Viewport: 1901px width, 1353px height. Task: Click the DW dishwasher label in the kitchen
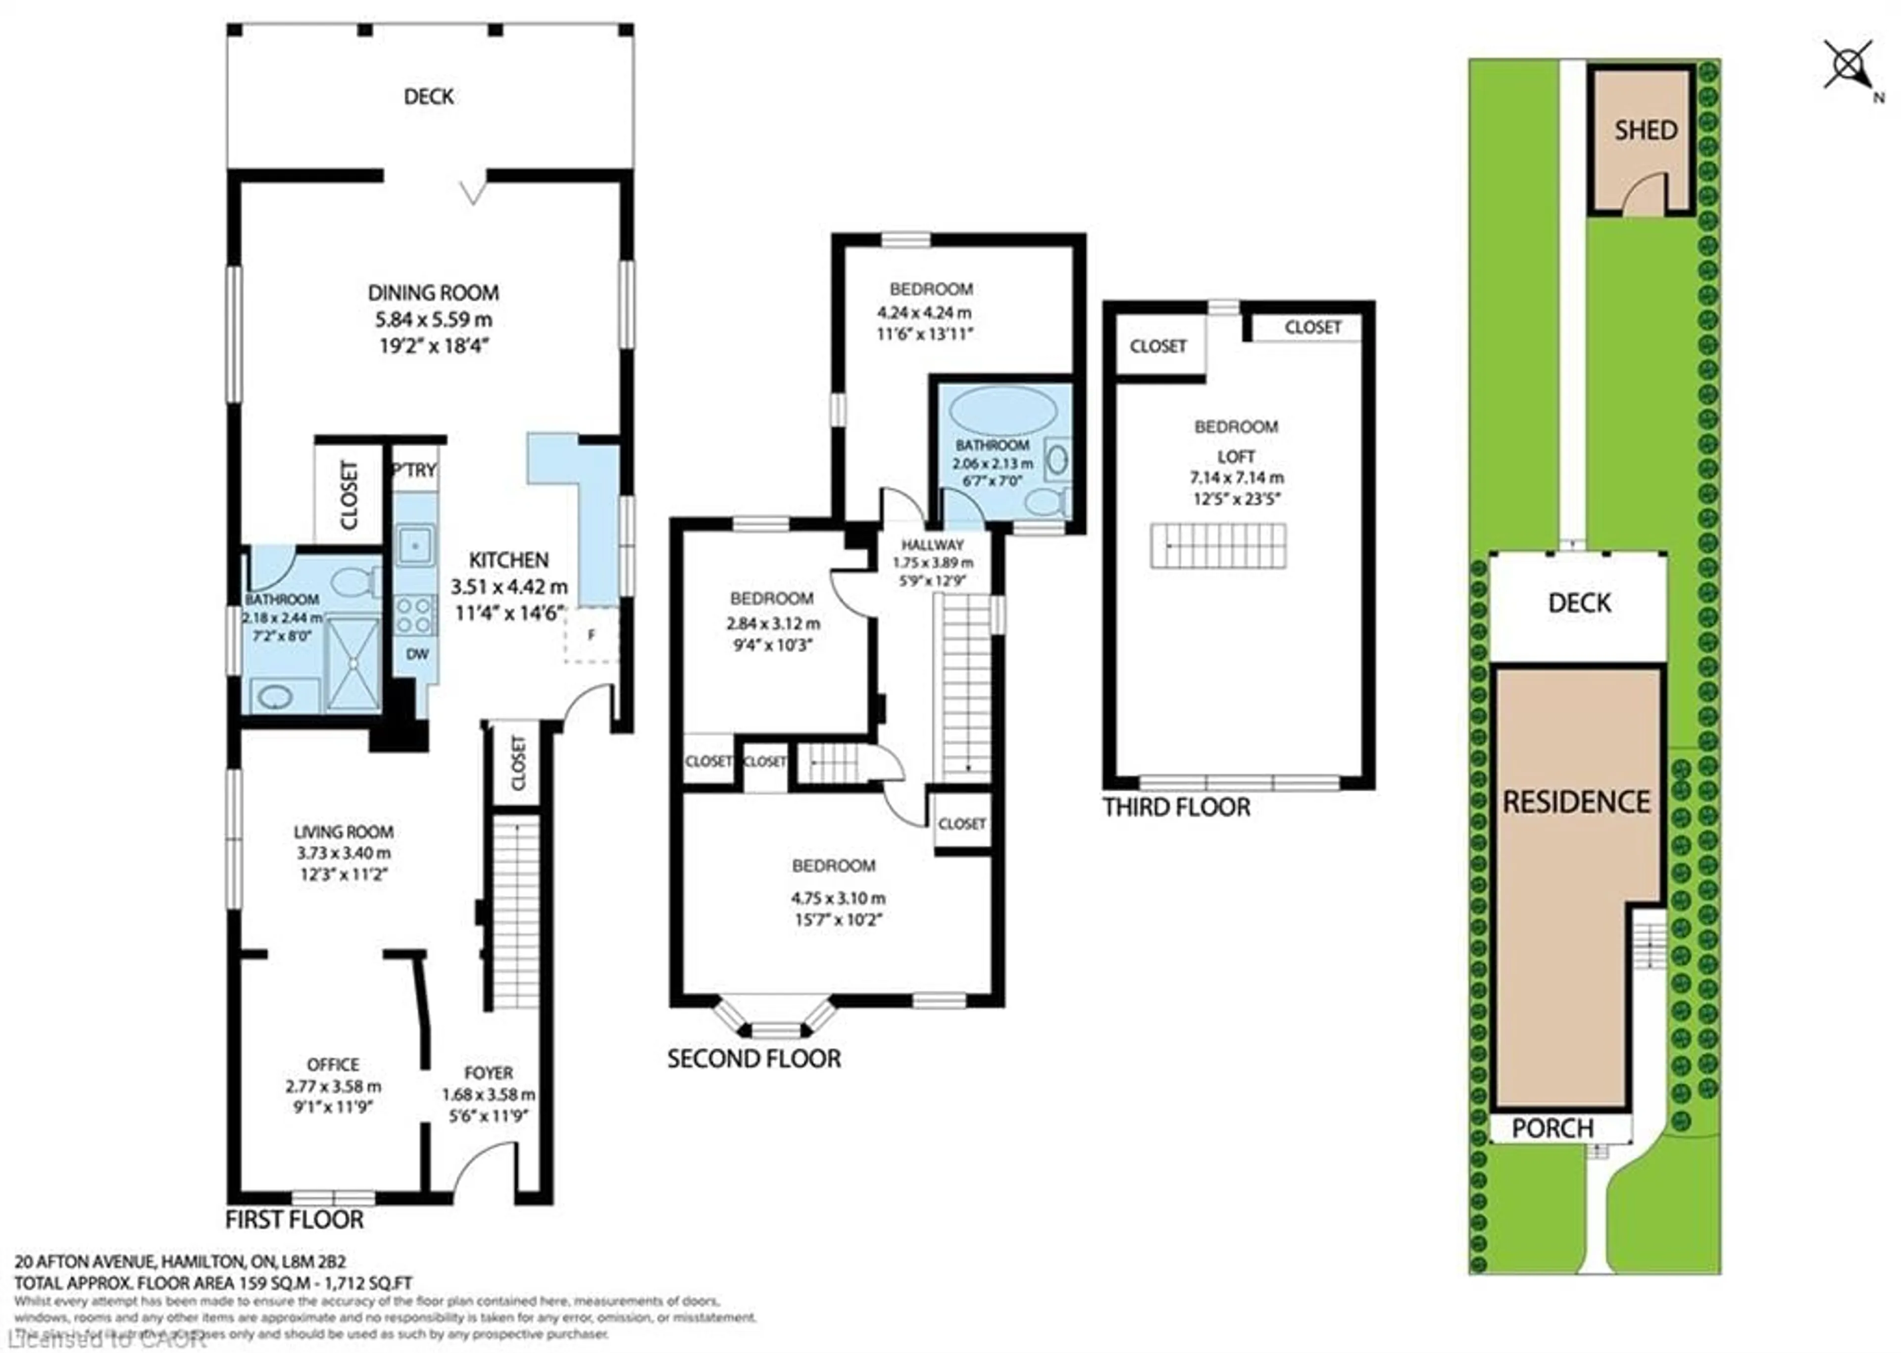click(x=417, y=655)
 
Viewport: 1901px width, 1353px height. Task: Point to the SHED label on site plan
click(x=1645, y=131)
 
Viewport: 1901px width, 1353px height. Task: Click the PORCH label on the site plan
click(x=1552, y=1129)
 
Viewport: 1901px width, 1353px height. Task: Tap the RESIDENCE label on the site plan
click(x=1576, y=802)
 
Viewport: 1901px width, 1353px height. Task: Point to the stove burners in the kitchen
click(x=414, y=616)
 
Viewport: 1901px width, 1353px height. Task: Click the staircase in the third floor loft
click(x=1218, y=546)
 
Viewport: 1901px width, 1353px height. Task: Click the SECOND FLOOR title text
click(x=753, y=1059)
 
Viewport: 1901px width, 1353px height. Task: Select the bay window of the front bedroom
click(x=775, y=1018)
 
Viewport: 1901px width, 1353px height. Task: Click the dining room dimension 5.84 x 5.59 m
click(x=433, y=320)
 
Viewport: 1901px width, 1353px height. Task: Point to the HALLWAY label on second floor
click(x=932, y=545)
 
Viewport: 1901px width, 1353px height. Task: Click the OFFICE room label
click(x=333, y=1065)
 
